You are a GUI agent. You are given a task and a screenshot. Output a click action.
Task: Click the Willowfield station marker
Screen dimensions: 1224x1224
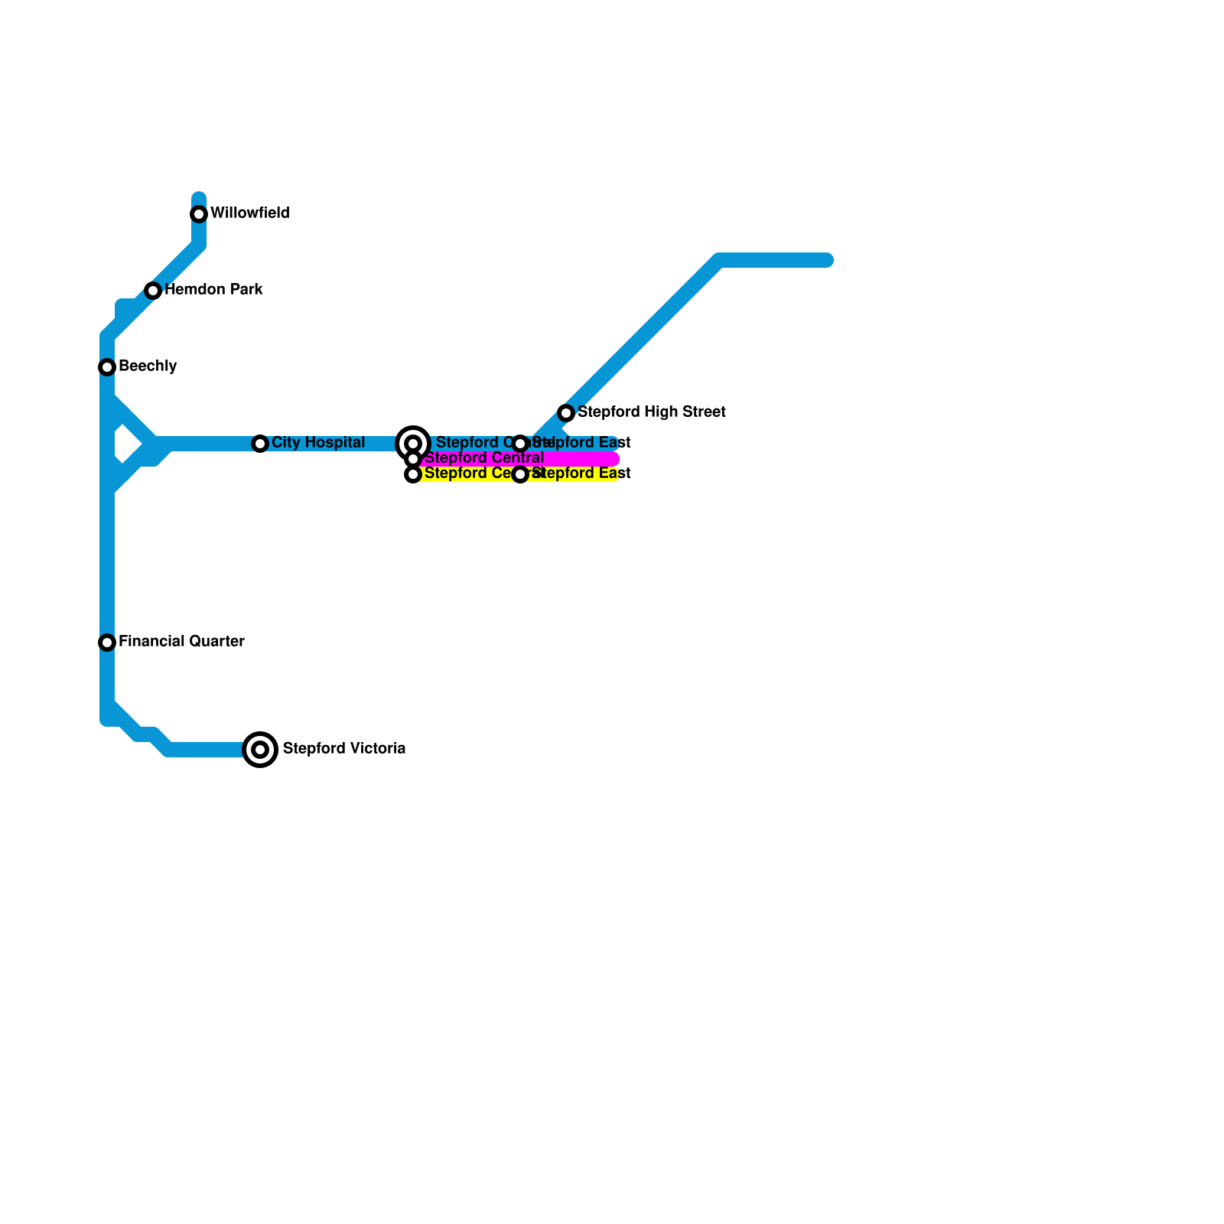199,214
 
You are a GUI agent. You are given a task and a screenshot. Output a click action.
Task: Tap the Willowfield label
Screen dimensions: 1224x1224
249,213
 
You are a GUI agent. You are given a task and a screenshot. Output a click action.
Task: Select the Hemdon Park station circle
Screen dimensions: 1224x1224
153,291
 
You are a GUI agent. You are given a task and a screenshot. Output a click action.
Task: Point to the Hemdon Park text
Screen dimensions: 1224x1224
213,290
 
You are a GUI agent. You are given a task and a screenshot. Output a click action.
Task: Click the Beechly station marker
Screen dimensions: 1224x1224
107,367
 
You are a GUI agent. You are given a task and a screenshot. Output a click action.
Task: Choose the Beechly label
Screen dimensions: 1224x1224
148,366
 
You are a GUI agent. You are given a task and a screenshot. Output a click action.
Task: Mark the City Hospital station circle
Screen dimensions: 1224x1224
260,444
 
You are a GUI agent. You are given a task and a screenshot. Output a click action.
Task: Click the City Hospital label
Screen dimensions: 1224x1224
317,443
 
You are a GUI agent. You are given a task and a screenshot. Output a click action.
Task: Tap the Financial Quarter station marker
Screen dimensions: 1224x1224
107,643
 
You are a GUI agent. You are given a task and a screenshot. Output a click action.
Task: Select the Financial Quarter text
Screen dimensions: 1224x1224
181,642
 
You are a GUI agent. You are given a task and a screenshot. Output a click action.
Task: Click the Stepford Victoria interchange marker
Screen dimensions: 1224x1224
260,750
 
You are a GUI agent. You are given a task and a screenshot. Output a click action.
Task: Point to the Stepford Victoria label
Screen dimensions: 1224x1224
343,749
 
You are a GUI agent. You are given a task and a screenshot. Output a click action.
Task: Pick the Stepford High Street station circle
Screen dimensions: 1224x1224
566,413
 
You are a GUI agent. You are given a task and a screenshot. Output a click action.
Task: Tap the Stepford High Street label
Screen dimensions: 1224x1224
651,412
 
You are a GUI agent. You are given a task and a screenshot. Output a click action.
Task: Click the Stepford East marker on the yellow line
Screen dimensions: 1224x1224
520,474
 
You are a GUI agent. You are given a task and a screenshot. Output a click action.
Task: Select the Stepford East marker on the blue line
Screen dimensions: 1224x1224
520,444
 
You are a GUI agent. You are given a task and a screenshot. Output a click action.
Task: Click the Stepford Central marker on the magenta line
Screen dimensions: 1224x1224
413,459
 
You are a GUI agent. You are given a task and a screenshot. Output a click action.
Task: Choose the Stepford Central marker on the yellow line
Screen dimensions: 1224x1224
413,474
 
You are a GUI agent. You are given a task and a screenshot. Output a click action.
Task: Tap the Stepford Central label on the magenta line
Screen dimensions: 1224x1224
483,458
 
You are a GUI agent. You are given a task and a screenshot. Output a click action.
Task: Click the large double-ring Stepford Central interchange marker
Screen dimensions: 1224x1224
413,444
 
